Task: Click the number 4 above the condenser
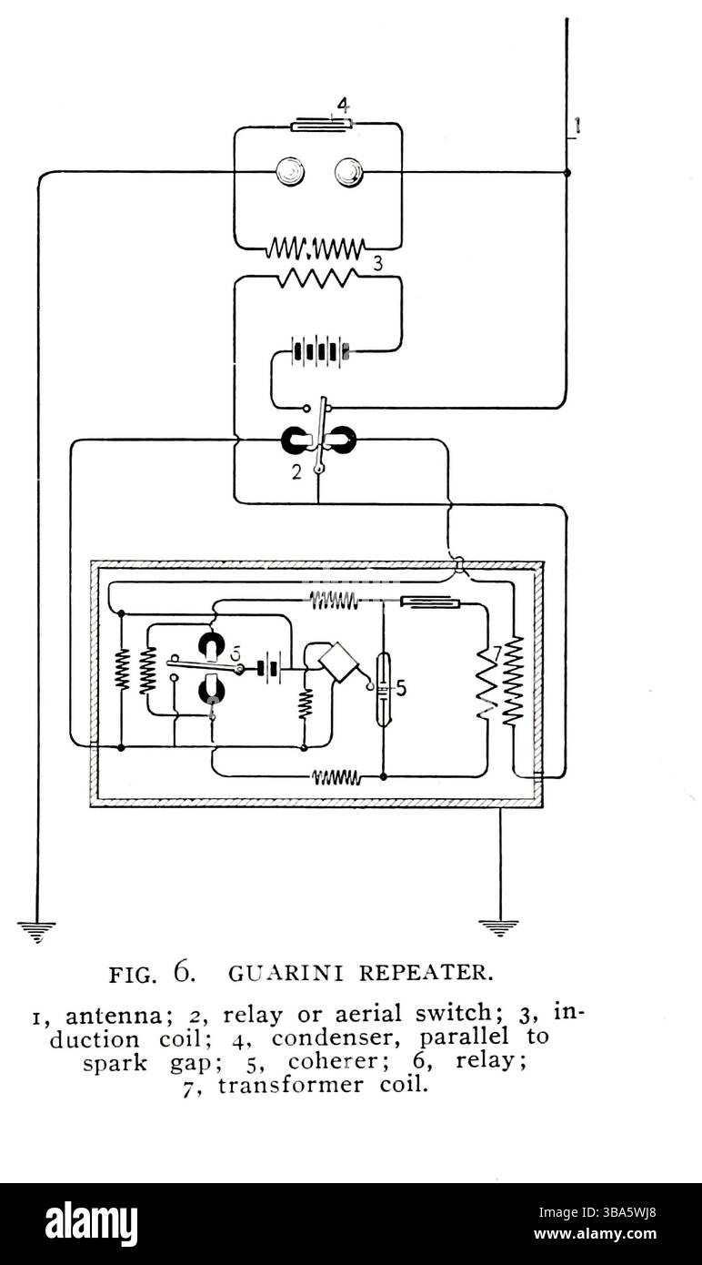coord(341,103)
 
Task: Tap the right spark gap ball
coord(348,171)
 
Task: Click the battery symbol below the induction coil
coord(318,350)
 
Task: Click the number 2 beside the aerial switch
coord(295,472)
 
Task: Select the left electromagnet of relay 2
coord(297,442)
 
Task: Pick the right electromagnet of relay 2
coord(341,442)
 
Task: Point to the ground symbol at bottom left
coord(36,928)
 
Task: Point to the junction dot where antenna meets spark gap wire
coord(567,172)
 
